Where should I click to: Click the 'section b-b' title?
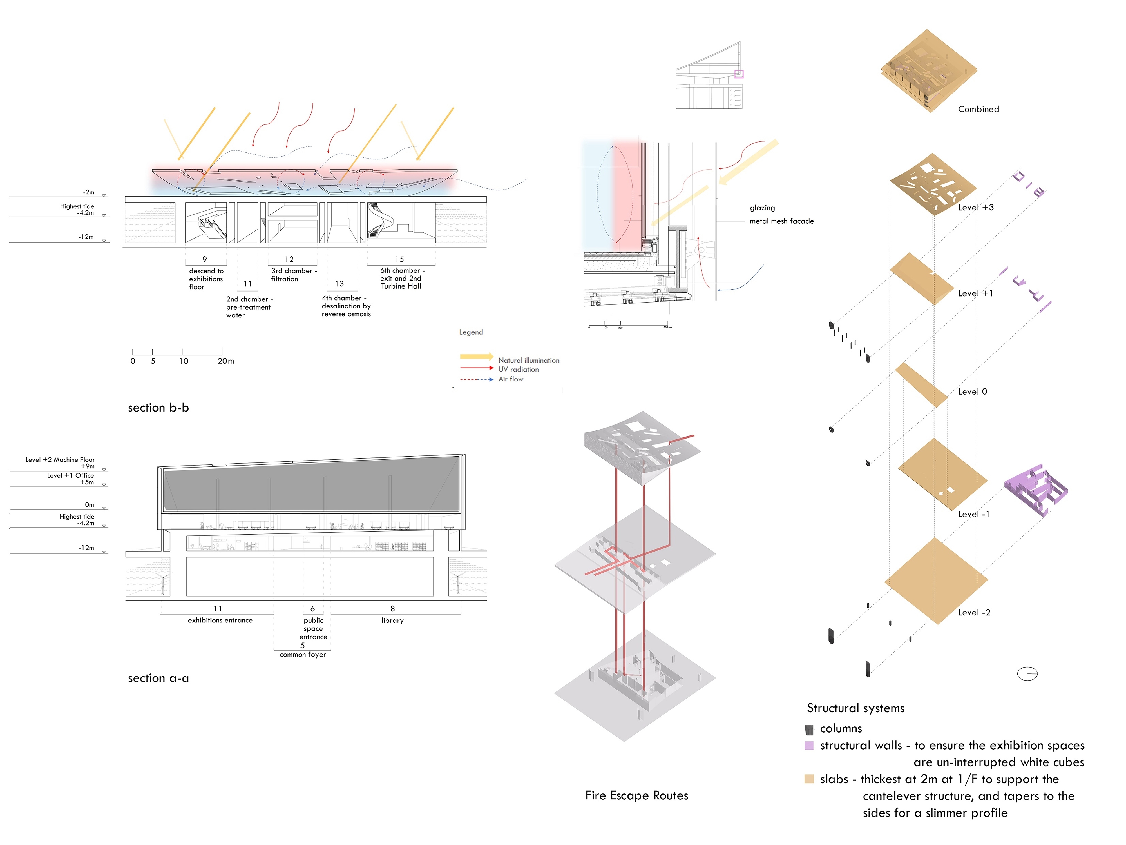click(x=158, y=408)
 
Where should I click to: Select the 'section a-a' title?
click(x=158, y=679)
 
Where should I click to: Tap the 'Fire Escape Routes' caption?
click(x=636, y=796)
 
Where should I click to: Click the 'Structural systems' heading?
click(x=855, y=708)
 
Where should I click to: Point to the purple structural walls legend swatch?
click(x=809, y=746)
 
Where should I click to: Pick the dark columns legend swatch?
click(x=809, y=730)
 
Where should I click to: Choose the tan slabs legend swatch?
click(x=809, y=779)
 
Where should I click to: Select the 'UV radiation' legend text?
click(x=518, y=369)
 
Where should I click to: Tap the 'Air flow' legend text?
click(x=511, y=379)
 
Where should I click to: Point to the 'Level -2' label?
click(x=974, y=613)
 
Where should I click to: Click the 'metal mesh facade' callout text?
click(x=781, y=221)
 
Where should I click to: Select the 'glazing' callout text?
click(x=762, y=208)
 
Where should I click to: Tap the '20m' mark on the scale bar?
click(x=225, y=361)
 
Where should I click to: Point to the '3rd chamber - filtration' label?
click(x=293, y=275)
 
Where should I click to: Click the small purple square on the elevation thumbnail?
click(x=739, y=74)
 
